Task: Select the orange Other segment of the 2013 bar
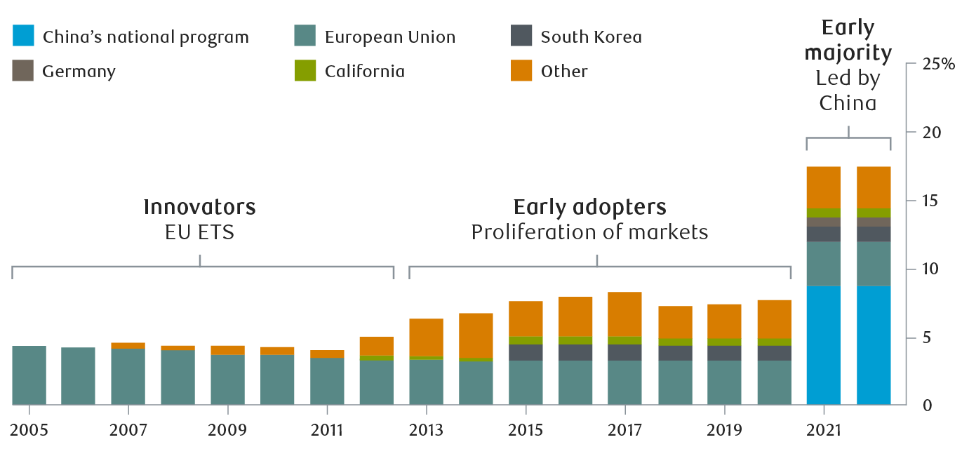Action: click(426, 337)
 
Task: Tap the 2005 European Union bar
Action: click(29, 375)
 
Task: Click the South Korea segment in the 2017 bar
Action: click(624, 352)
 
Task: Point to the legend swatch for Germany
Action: click(22, 71)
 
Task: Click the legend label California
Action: click(364, 71)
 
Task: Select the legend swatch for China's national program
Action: click(22, 36)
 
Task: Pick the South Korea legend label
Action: click(591, 36)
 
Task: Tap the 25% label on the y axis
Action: click(939, 65)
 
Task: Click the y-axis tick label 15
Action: click(929, 201)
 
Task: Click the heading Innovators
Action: click(199, 207)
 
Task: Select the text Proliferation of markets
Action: click(589, 232)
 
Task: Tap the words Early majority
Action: click(848, 41)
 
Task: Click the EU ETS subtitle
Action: click(199, 232)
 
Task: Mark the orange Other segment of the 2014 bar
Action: click(476, 335)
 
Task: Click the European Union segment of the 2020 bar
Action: click(774, 382)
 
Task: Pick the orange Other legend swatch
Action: click(521, 71)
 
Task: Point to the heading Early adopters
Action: click(589, 207)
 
